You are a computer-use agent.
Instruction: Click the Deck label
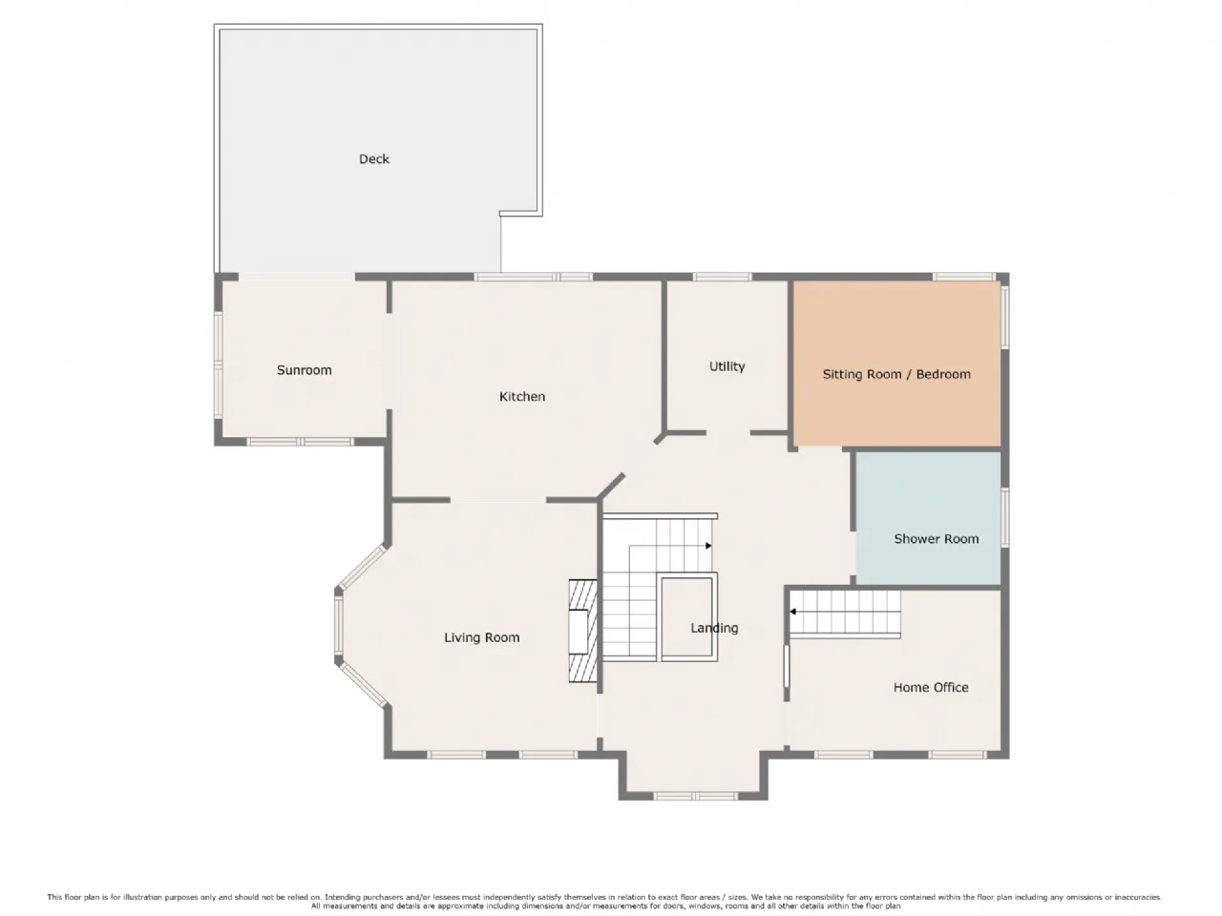pos(374,159)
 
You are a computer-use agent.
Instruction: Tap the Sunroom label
pos(304,370)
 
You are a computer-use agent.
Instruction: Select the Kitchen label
pos(522,397)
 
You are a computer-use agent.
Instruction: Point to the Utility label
pos(727,366)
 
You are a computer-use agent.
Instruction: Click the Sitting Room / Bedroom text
pos(896,374)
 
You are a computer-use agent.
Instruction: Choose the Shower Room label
pos(937,538)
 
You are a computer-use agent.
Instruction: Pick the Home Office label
pos(931,687)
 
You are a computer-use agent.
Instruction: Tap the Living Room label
pos(482,637)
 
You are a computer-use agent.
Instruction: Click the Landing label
pos(714,628)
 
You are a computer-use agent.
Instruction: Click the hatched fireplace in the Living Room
pos(583,632)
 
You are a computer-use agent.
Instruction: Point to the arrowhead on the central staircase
pos(708,546)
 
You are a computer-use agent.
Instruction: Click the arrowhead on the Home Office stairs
pos(792,612)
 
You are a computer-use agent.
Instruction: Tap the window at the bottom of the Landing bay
pos(695,797)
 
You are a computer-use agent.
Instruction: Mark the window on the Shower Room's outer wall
pos(1005,516)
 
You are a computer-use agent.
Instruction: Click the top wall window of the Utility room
pos(722,277)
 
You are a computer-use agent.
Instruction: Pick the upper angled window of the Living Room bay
pos(362,567)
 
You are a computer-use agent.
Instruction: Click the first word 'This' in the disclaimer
pos(54,897)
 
